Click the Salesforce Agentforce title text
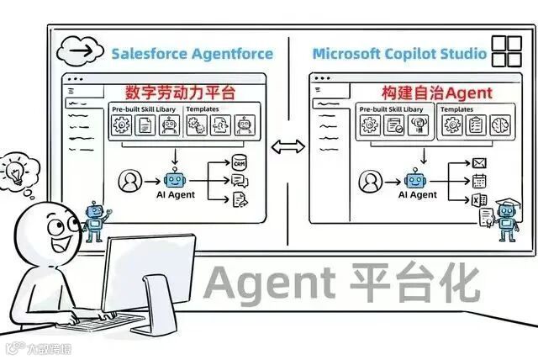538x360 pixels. pos(193,53)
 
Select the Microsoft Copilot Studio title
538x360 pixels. pos(398,54)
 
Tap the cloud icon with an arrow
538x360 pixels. pos(80,51)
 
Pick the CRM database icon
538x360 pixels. pos(240,161)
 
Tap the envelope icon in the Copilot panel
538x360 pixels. pos(480,162)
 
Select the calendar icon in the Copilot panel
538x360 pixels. pos(480,180)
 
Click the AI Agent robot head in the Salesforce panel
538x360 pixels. pos(175,177)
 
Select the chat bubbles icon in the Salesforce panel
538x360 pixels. pos(239,180)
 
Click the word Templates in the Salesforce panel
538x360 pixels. pos(203,109)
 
